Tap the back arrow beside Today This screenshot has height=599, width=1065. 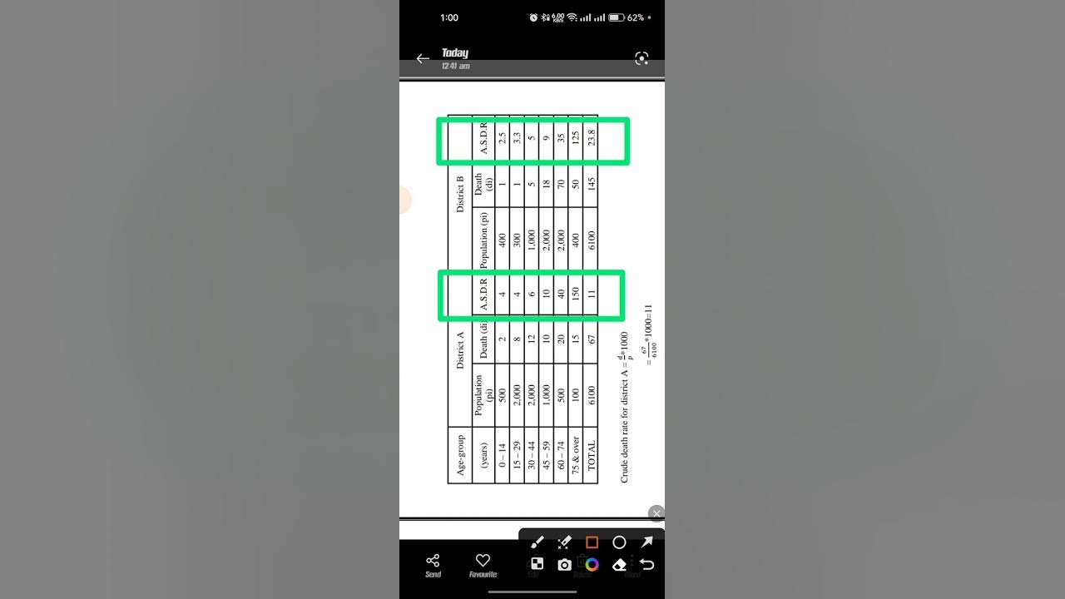coord(423,59)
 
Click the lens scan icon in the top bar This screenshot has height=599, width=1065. coord(641,58)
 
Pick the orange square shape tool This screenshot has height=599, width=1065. coord(592,542)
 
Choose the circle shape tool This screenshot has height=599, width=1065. coord(619,542)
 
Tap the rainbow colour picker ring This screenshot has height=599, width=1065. coord(592,565)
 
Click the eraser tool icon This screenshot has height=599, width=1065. coord(619,565)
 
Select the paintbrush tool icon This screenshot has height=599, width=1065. coord(537,542)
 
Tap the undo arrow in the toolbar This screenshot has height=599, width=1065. coord(646,565)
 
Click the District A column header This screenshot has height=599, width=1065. coord(460,350)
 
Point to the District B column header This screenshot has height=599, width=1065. coord(460,194)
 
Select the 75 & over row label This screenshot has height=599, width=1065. coord(576,455)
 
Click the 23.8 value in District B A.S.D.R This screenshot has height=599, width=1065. coord(591,138)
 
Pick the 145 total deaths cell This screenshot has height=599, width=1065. coord(591,183)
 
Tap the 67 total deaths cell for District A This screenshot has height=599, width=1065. coord(591,339)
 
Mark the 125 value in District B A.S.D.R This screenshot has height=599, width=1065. coord(576,138)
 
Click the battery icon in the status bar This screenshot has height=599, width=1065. coord(617,17)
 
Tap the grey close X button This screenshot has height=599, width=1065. coord(656,513)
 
